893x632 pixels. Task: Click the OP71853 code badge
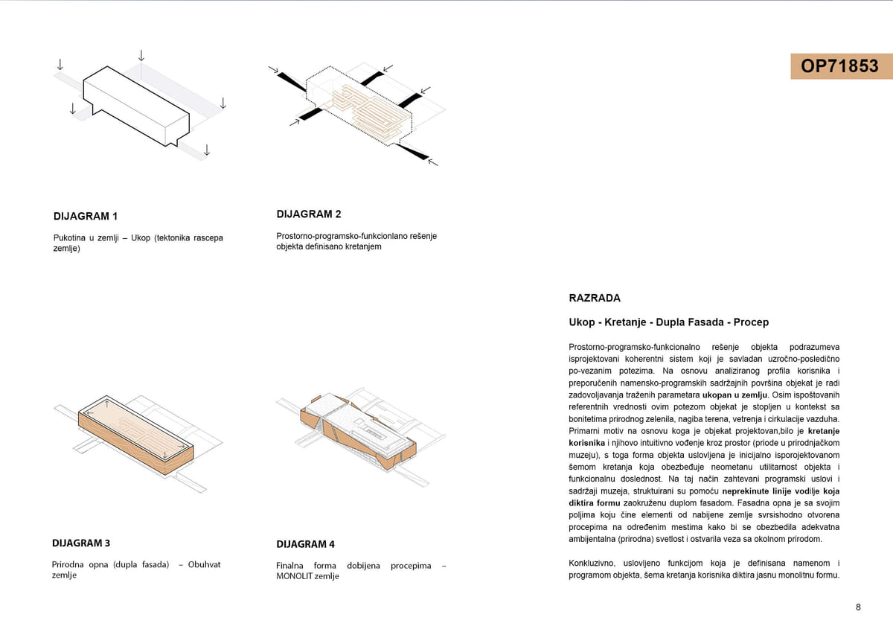click(839, 66)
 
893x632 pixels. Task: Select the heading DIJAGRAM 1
click(86, 217)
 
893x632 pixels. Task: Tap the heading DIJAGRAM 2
click(309, 214)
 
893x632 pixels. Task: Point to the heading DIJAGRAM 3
click(82, 543)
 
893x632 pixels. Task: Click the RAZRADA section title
click(595, 299)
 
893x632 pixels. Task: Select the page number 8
click(858, 607)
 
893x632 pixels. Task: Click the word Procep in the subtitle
click(751, 322)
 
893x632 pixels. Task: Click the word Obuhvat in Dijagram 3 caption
click(204, 564)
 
